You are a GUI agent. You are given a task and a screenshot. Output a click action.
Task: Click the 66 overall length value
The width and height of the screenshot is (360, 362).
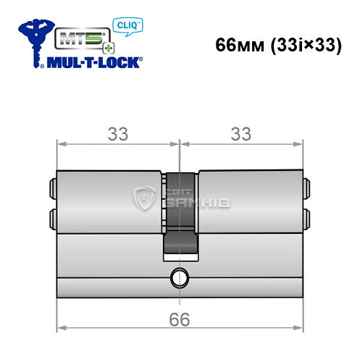(179, 320)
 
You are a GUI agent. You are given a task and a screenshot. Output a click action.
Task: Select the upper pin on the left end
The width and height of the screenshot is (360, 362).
(52, 189)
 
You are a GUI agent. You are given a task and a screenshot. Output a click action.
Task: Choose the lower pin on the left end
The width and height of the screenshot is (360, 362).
(52, 218)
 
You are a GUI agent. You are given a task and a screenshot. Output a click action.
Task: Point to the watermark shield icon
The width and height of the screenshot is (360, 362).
(144, 201)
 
